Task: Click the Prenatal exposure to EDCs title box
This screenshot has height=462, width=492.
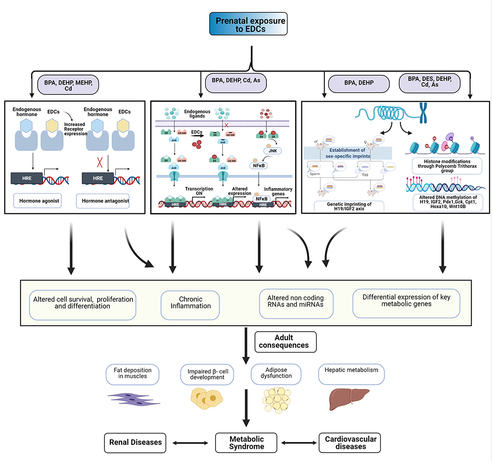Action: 248,24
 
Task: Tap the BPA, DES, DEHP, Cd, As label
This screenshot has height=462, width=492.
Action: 429,84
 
